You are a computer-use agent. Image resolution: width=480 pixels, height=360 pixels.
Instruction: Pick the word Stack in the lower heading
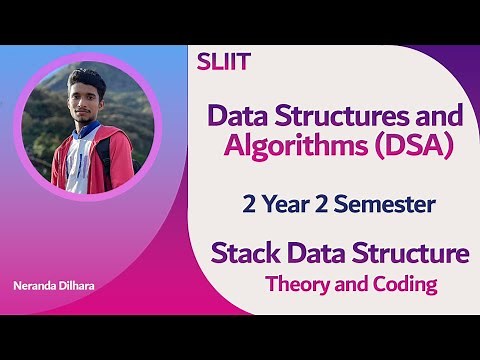(x=240, y=253)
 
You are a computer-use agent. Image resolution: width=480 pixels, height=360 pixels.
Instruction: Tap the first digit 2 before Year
(x=248, y=205)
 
